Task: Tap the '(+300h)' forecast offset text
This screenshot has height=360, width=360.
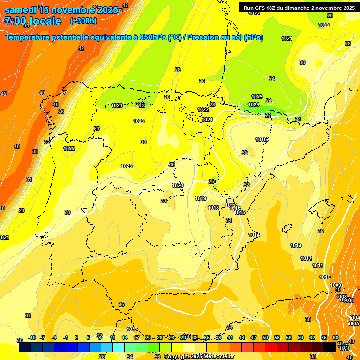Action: coord(83,21)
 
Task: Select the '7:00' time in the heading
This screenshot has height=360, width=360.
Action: coord(15,21)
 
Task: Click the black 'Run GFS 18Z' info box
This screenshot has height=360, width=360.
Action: coord(299,7)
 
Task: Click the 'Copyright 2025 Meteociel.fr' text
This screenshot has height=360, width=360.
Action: coord(199,357)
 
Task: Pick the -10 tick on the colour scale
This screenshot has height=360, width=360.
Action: coord(32,337)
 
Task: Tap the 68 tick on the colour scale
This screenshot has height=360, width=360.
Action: coord(336,337)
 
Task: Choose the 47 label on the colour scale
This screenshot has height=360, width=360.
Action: coord(254,337)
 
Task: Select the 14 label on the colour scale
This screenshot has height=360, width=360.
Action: coord(125,337)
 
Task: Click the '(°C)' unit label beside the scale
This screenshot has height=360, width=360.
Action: coord(344,347)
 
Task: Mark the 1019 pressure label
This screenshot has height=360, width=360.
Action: coord(201,198)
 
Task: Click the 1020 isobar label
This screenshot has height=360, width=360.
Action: coord(178,185)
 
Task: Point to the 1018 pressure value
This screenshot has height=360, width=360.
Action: coord(213,208)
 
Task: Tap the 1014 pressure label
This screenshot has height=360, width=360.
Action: coord(254,235)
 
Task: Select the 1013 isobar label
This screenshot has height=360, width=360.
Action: coord(296,245)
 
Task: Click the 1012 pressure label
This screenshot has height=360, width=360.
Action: coord(306,258)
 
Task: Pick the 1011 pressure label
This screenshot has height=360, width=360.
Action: coord(318,265)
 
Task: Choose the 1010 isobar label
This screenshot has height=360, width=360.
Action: coord(325,277)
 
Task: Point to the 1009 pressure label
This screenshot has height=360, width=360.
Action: coord(335,285)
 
